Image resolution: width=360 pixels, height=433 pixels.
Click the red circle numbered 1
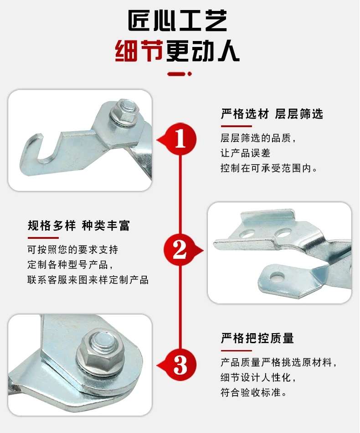(x=180, y=139)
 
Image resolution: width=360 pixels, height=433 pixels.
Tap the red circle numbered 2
(x=180, y=250)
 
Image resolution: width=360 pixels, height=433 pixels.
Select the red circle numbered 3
(x=180, y=365)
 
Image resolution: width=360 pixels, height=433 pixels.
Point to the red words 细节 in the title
(x=139, y=52)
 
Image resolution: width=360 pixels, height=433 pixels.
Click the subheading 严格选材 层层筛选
(x=272, y=114)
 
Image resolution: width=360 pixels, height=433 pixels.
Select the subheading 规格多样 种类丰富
(x=79, y=225)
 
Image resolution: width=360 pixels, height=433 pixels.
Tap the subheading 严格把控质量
(x=257, y=338)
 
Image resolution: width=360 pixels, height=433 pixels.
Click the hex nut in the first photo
(x=124, y=111)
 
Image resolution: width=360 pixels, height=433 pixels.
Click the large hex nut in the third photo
(x=101, y=349)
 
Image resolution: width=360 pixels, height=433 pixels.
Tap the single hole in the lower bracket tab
(x=278, y=276)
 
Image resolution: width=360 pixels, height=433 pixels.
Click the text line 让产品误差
(x=246, y=153)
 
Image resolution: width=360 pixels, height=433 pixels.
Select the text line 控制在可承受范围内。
(x=269, y=168)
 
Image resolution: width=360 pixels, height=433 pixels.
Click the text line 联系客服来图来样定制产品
(x=88, y=280)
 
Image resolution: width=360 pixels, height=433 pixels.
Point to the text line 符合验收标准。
(x=254, y=392)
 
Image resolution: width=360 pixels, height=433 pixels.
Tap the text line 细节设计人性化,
(x=258, y=377)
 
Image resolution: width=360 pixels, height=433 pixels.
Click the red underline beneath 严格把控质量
(x=237, y=351)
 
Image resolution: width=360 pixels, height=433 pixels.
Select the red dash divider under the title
(x=180, y=74)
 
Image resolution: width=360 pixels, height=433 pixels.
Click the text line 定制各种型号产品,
(x=70, y=264)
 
